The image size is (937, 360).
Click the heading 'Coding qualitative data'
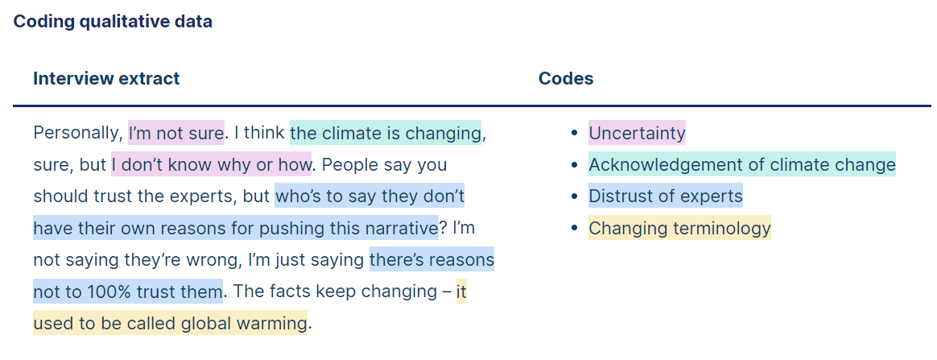113,22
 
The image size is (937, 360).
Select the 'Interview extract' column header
106,78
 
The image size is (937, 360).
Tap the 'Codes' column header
566,78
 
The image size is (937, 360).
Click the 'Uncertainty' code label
637,132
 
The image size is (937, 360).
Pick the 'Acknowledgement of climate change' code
742,163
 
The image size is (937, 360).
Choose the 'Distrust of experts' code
666,196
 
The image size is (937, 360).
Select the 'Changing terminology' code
680,228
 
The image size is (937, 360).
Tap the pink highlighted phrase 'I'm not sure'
176,132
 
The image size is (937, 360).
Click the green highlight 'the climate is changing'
386,132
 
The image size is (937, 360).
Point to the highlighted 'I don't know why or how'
212,163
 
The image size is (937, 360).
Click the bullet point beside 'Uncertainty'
574,133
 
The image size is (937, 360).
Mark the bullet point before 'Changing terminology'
574,228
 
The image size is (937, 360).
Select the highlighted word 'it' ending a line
461,292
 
